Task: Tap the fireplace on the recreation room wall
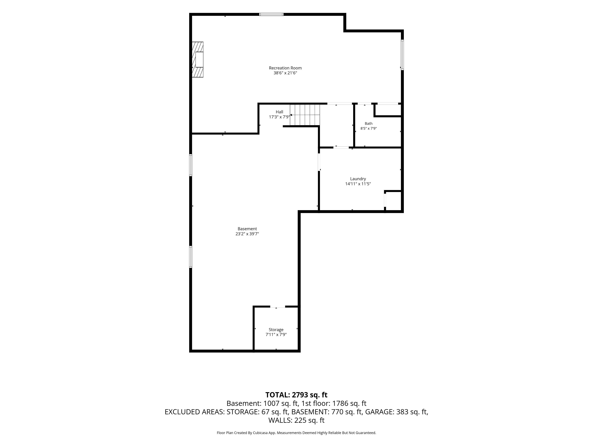tap(198, 59)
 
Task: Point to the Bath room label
tap(369, 124)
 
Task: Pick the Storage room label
tap(276, 330)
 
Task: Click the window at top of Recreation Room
tap(271, 14)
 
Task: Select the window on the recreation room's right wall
tap(402, 55)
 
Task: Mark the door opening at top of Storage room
tap(278, 306)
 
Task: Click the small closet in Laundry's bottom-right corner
tap(393, 201)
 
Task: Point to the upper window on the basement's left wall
tap(191, 165)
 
